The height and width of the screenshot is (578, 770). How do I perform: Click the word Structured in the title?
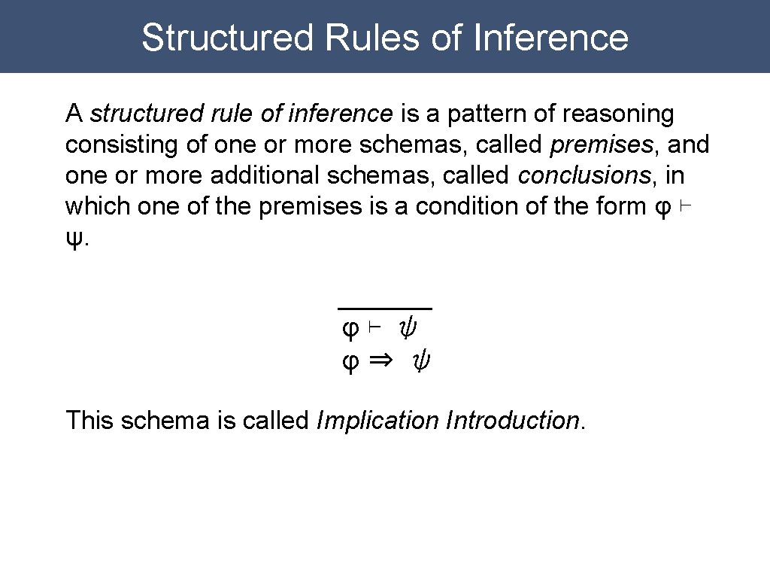(226, 37)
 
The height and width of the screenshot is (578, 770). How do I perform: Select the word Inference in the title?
(551, 37)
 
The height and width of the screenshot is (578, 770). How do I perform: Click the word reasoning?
(618, 114)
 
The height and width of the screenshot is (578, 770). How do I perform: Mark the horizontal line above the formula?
(385, 309)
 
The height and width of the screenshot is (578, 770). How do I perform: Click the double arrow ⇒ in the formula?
(381, 361)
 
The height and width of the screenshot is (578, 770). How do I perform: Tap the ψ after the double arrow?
(423, 363)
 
